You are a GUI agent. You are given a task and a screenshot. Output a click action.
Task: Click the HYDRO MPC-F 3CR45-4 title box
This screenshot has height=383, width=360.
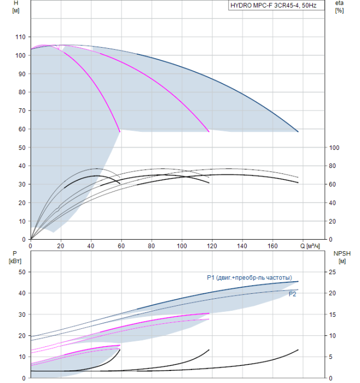point(276,5)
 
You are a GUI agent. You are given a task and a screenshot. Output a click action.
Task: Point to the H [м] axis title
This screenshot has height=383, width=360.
point(16,7)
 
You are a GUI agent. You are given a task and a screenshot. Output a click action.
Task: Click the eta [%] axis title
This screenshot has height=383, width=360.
point(340,7)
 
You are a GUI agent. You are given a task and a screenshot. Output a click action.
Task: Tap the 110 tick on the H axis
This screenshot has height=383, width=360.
point(20,37)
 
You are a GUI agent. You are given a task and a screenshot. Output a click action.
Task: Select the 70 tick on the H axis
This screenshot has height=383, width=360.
point(22,111)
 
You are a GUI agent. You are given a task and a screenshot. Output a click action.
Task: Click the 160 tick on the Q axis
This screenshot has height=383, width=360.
point(272,246)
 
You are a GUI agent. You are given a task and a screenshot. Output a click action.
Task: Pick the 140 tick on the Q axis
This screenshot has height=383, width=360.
point(242,246)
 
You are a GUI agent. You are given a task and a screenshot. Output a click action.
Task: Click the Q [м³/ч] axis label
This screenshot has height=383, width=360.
point(310,246)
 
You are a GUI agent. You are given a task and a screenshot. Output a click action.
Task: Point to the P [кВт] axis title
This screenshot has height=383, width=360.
point(15,258)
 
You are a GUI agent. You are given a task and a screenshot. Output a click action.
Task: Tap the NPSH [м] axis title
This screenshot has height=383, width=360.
point(342,258)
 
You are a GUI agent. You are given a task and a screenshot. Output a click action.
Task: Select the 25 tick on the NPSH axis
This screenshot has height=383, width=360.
point(333,272)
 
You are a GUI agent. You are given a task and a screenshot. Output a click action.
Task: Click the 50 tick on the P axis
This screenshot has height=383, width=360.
point(22,272)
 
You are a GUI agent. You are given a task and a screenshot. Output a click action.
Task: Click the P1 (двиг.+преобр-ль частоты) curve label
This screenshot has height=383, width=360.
point(249,278)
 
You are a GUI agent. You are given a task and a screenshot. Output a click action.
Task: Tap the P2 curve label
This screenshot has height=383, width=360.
point(292,294)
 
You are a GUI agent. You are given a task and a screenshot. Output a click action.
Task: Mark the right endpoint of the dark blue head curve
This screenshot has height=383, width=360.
point(298,132)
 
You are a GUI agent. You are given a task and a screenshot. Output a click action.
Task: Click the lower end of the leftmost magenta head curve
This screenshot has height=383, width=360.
point(120,132)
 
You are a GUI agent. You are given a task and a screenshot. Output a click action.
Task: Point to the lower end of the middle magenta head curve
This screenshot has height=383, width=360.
point(209,132)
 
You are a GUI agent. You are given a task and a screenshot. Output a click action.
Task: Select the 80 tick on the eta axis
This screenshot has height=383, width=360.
point(333,166)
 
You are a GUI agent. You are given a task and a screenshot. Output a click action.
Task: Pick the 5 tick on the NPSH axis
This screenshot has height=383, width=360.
point(330,357)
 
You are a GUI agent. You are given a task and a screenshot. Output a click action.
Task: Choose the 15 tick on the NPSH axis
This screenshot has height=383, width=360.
point(333,315)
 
